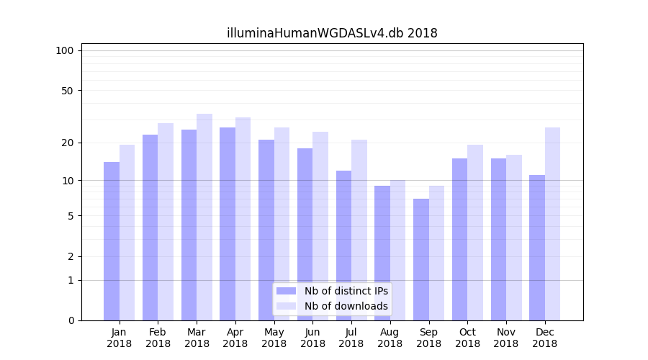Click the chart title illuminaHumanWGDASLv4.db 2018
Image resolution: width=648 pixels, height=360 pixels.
332,33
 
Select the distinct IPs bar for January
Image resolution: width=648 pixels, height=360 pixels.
112,241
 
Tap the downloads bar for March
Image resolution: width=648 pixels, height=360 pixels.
204,217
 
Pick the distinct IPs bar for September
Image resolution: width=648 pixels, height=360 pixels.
421,259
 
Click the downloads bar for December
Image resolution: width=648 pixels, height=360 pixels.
552,224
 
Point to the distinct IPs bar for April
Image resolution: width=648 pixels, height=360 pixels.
228,224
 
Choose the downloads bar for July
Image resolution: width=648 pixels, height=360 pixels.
359,230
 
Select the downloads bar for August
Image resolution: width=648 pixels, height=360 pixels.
398,250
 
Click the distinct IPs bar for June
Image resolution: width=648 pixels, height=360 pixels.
305,234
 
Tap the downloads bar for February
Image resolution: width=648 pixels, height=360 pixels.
166,222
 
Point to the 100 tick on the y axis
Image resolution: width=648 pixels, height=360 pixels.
65,50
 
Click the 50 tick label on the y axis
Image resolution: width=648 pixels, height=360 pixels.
67,91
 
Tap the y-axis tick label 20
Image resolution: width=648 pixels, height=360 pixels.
67,143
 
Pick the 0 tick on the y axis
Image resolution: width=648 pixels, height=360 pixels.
70,320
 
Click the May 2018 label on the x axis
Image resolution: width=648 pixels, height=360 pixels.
274,338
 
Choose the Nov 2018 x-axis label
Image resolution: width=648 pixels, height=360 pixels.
506,338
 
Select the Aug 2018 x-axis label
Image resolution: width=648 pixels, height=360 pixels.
390,338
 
